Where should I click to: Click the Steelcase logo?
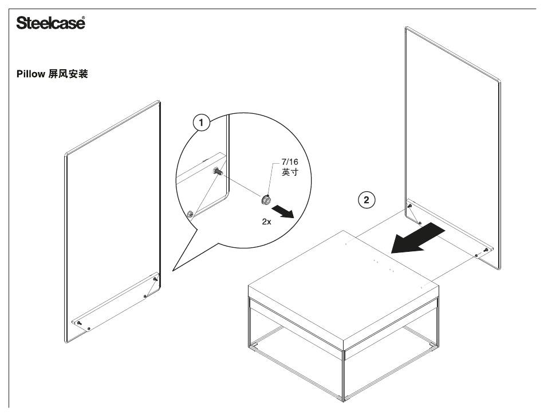[50, 23]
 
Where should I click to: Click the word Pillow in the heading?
[30, 74]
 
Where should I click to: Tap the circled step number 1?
[201, 122]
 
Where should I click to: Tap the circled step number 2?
[366, 200]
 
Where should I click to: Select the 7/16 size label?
[290, 161]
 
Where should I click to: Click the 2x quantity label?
[266, 222]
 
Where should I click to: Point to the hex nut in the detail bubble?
[266, 200]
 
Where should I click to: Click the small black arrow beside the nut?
[283, 211]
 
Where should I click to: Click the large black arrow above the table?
[417, 238]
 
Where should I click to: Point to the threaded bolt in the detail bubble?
[218, 171]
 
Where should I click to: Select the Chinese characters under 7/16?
[290, 172]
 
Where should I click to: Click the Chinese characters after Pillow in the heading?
[68, 74]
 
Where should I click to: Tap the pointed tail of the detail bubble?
[173, 270]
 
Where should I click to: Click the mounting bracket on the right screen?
[450, 228]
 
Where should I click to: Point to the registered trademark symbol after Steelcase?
[83, 17]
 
